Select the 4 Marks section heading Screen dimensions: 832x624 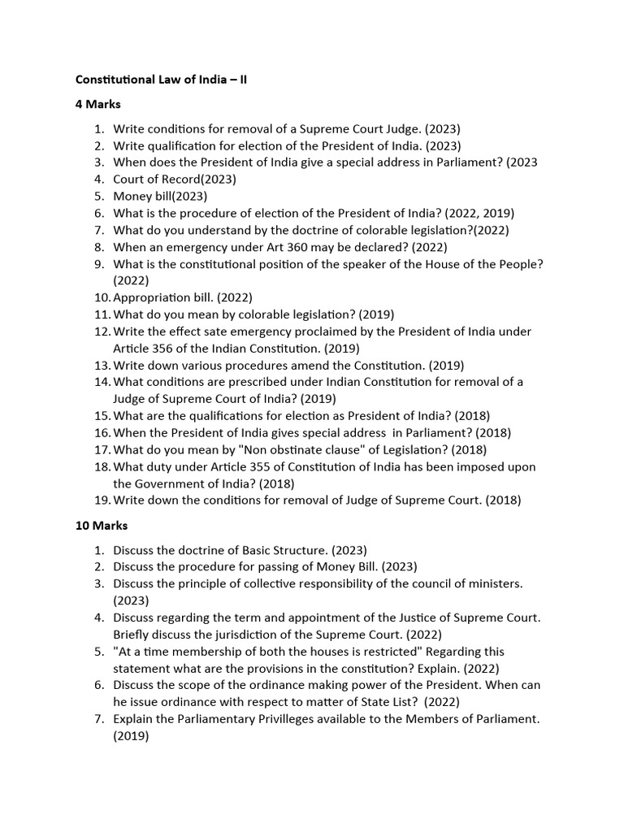point(98,104)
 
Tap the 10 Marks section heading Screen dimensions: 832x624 point(102,526)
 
